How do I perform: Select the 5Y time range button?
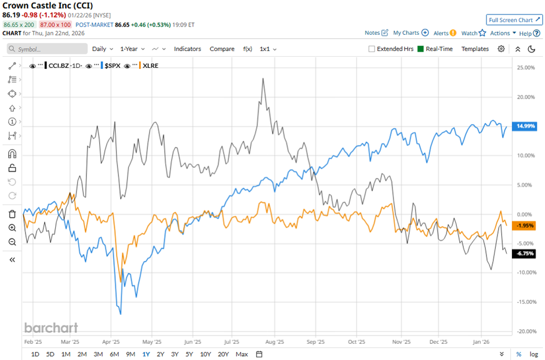coord(190,354)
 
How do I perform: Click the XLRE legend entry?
coord(150,66)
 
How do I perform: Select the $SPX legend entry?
coord(111,66)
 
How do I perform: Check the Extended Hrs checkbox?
coord(372,49)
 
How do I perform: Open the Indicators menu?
coord(187,49)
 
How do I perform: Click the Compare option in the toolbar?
coord(222,49)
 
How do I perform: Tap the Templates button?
coord(475,49)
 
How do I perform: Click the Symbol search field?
coord(46,49)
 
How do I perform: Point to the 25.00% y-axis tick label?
coord(525,68)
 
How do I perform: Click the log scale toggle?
coord(533,354)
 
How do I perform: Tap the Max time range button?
coord(242,354)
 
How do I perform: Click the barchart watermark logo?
coord(51,328)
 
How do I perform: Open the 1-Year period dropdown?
coord(132,49)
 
